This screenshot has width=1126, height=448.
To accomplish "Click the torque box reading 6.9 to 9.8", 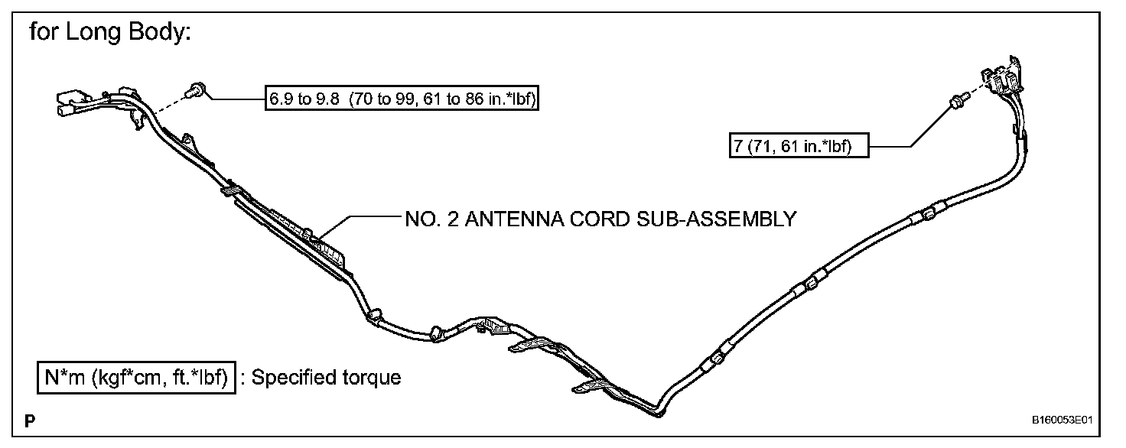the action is [402, 99].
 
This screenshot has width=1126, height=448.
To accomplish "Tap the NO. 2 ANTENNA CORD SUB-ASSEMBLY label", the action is [600, 219].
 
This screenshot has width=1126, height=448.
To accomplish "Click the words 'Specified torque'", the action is [326, 377].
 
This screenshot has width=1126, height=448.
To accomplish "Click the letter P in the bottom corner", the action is [29, 421].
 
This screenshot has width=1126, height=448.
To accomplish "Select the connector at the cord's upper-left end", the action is [73, 102].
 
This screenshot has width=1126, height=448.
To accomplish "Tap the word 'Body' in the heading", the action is [151, 34].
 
